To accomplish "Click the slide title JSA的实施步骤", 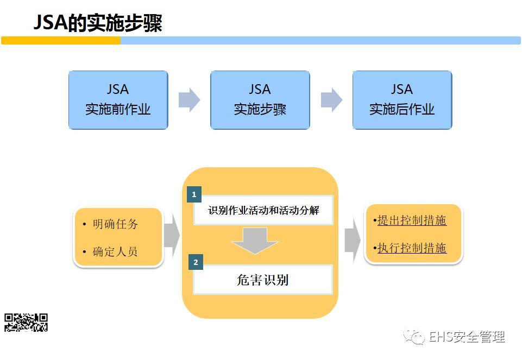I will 98,23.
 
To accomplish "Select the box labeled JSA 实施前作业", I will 118,100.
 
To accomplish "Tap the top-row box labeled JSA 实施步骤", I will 260,100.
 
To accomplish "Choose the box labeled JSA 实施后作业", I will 402,100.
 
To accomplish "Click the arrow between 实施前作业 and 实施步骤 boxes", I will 189,100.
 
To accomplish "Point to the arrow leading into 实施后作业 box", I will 331,100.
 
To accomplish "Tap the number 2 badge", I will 196,262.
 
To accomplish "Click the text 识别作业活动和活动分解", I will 263,211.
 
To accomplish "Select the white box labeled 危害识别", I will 263,280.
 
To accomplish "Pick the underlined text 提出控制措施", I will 412,220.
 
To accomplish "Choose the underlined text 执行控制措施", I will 412,248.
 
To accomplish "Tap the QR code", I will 26,322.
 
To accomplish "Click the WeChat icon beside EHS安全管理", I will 416,337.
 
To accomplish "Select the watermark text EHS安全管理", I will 467,337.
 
